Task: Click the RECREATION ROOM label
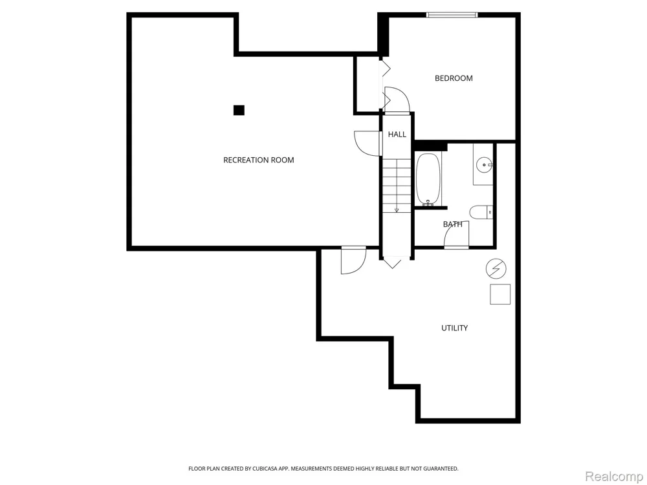(259, 160)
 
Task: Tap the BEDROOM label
(454, 78)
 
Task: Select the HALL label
(397, 135)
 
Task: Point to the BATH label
(453, 224)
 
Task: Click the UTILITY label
(455, 328)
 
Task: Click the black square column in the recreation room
(239, 110)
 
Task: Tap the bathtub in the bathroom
(428, 179)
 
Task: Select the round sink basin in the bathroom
(483, 166)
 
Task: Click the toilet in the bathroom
(481, 212)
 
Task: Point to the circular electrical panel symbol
(496, 269)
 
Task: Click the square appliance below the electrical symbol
(500, 294)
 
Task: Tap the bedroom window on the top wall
(452, 15)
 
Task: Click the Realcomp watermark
(613, 477)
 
